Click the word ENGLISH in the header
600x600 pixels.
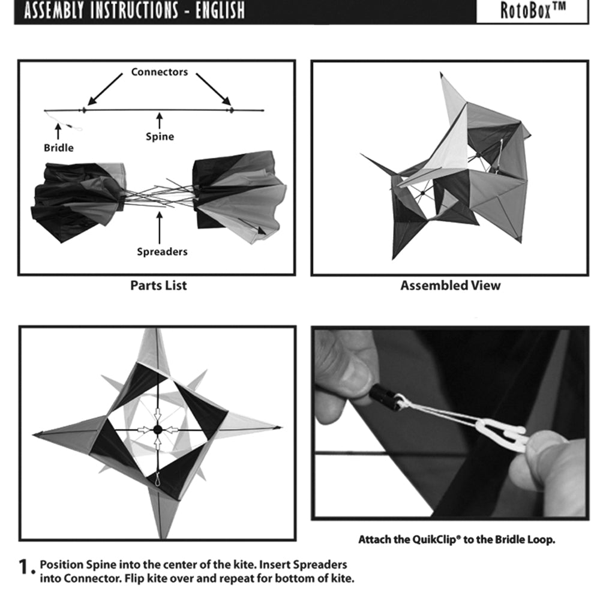point(220,10)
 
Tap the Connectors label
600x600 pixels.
point(159,72)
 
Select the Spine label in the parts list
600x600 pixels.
point(160,137)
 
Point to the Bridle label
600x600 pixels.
point(59,148)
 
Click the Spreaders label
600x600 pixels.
point(162,251)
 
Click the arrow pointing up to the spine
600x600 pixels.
point(160,121)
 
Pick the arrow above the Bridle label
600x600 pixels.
point(58,131)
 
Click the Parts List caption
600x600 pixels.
point(158,286)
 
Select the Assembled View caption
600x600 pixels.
point(451,286)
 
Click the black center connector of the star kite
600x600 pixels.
point(157,430)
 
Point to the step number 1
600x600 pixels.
point(25,566)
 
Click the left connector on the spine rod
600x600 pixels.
point(84,110)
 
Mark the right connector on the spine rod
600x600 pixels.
point(231,110)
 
